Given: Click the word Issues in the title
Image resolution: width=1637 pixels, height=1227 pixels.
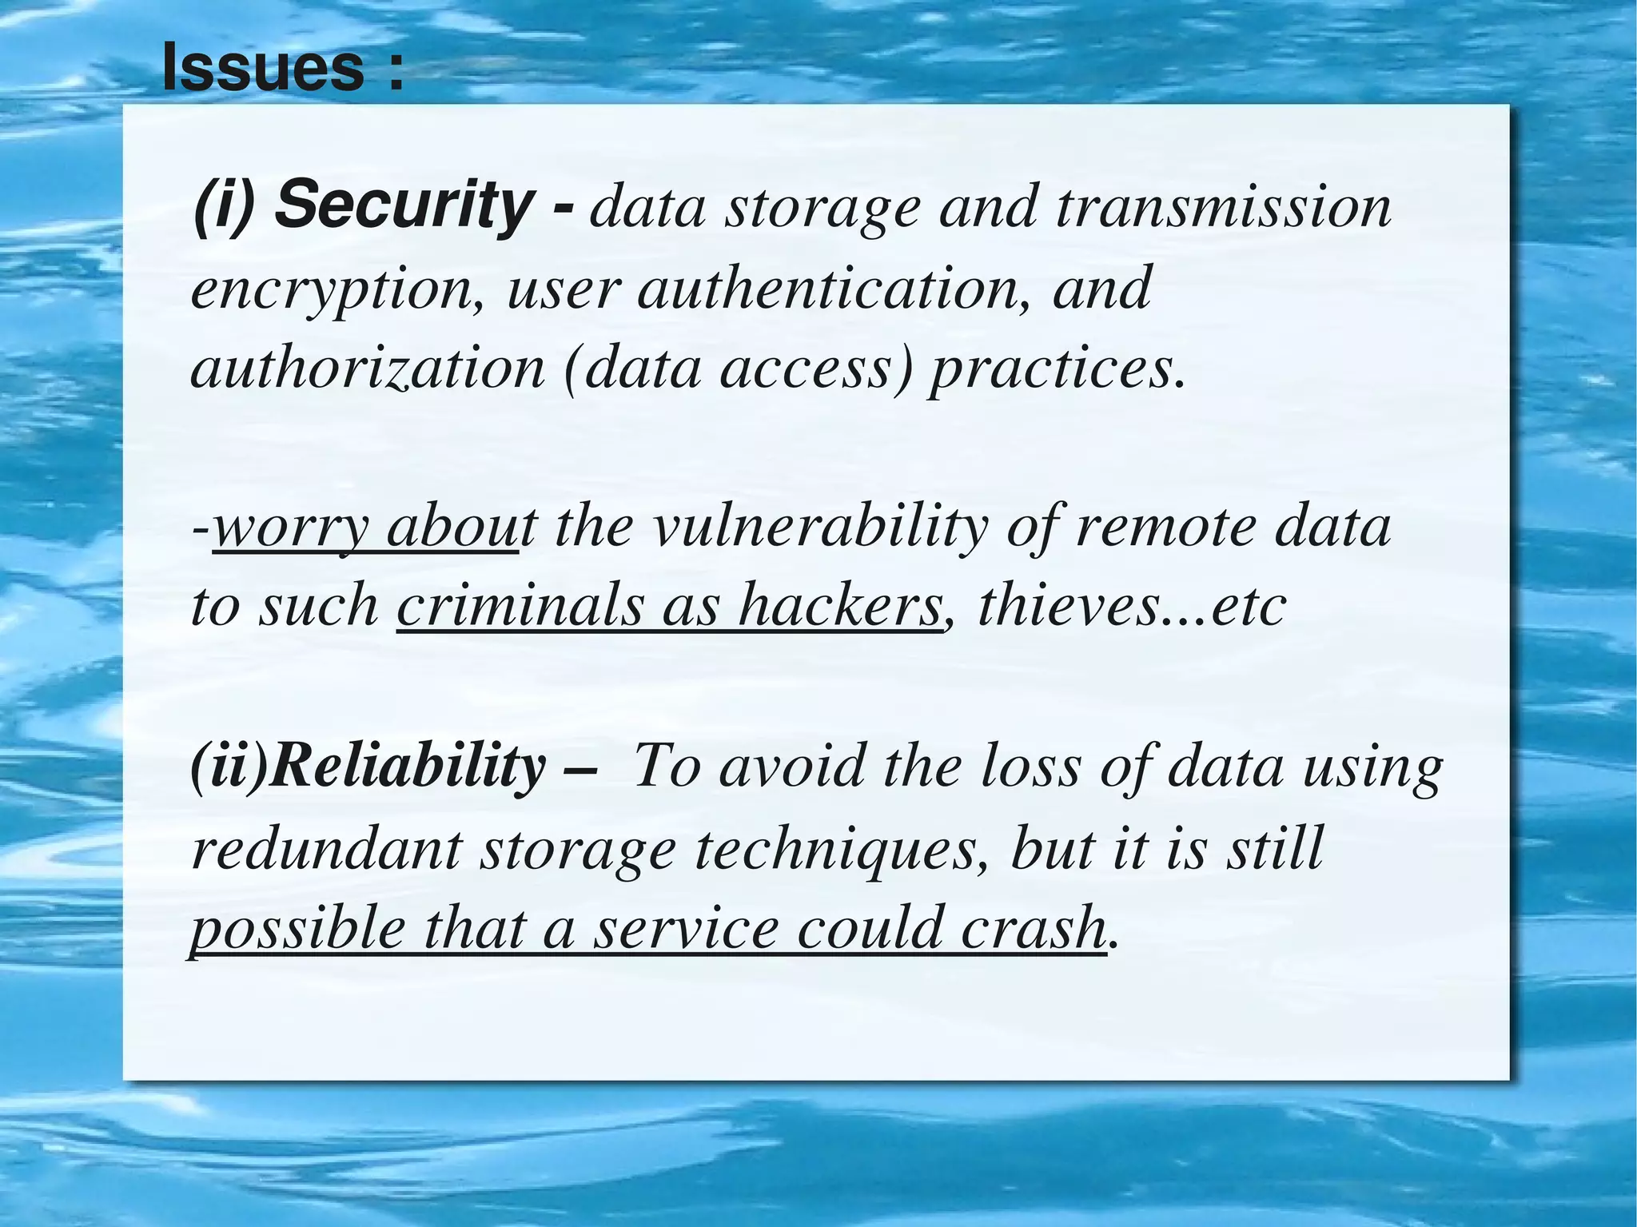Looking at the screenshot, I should point(263,69).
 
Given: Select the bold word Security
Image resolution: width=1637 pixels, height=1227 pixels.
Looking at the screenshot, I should point(401,205).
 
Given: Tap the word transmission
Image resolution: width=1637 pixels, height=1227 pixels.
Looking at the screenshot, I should point(1223,207).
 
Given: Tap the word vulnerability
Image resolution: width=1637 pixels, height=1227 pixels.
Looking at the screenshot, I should point(819,528).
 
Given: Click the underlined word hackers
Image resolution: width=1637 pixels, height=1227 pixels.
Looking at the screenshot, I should point(839,606).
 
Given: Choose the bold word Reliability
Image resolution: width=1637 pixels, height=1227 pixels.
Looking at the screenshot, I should point(408,766).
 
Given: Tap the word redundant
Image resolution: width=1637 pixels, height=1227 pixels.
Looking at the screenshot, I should point(326,849).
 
